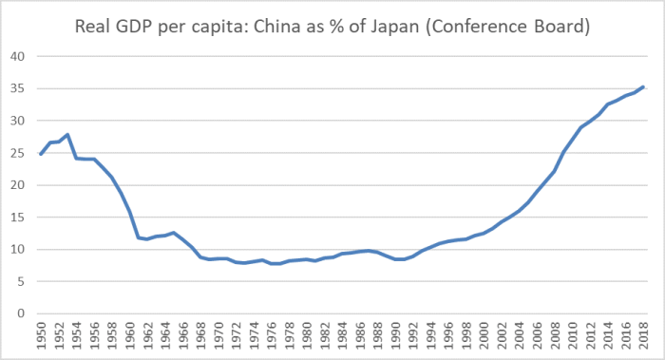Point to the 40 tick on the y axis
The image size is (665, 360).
16,56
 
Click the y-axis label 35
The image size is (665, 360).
16,88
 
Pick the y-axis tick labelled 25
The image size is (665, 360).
16,153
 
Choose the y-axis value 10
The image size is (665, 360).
16,250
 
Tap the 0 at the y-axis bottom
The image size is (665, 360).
20,314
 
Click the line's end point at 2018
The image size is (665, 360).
644,87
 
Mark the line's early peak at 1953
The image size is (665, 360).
67,135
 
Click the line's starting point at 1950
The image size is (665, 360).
41,154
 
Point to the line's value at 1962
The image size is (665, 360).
147,239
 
